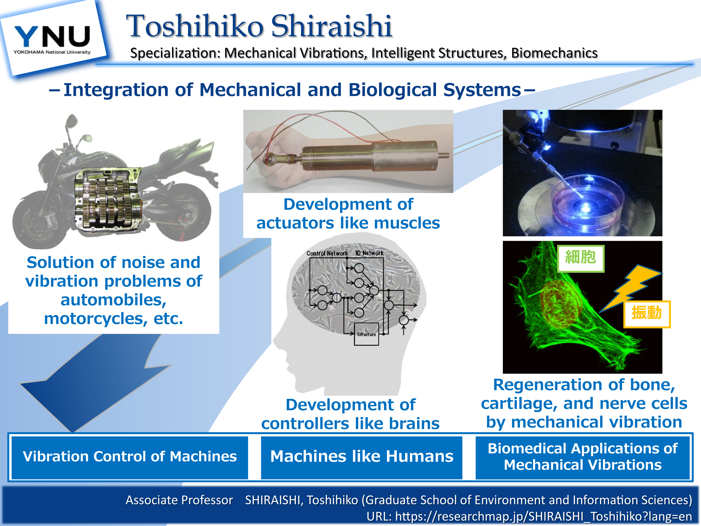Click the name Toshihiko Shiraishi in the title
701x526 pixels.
[259, 26]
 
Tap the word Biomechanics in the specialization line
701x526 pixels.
[554, 53]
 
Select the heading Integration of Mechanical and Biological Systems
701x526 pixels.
[292, 90]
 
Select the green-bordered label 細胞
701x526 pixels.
[581, 258]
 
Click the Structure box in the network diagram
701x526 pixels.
[366, 334]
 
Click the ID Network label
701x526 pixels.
[369, 253]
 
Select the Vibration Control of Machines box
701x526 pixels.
[130, 457]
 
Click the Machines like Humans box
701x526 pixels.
[361, 457]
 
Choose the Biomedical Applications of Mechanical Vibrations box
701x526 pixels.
[583, 457]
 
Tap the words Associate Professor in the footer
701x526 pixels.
[179, 500]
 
